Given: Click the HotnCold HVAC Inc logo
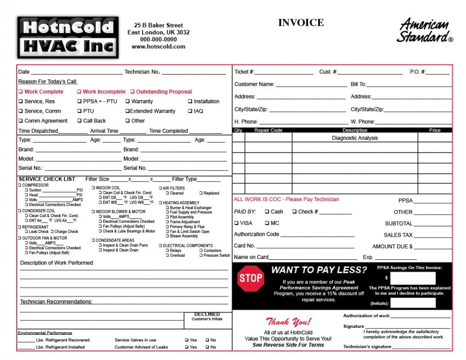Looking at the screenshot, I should (x=68, y=37).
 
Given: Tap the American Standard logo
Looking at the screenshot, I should (x=425, y=31).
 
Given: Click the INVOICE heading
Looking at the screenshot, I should (x=301, y=22).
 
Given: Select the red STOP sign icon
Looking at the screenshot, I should (x=251, y=278).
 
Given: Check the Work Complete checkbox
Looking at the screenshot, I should (x=21, y=92).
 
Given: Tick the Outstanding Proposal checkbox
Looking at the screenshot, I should (x=132, y=92).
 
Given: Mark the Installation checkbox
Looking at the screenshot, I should (x=190, y=101).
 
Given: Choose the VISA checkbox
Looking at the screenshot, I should (x=236, y=223).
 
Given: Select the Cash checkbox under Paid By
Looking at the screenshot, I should (x=267, y=211).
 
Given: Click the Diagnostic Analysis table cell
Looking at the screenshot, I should (x=355, y=138).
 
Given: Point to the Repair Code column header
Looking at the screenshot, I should (x=268, y=130).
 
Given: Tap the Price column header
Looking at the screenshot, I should (x=434, y=130).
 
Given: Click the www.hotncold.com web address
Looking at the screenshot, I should (x=158, y=47).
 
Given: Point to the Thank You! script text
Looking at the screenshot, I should (x=288, y=321).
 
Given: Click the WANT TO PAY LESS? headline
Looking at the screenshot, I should (x=319, y=270).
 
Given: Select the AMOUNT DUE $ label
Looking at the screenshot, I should (x=392, y=247).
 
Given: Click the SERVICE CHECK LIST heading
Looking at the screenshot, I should (x=47, y=179).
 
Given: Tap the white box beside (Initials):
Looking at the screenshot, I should (x=419, y=303).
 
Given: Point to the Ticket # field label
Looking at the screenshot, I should (x=244, y=72).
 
